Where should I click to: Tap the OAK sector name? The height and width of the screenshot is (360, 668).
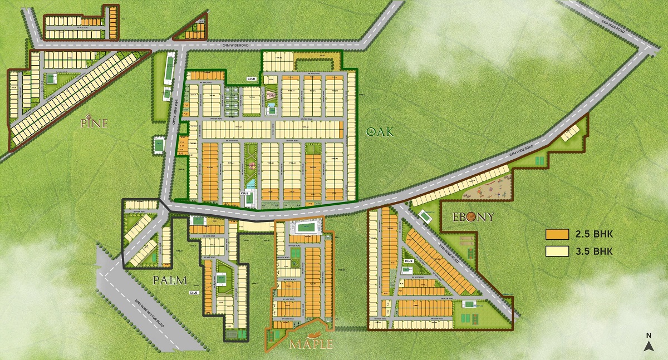pyautogui.click(x=380, y=131)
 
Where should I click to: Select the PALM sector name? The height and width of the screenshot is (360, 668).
pyautogui.click(x=170, y=280)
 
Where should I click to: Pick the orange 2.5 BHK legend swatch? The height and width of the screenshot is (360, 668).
pyautogui.click(x=556, y=234)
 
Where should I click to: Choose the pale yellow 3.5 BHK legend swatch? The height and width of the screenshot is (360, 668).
pyautogui.click(x=556, y=251)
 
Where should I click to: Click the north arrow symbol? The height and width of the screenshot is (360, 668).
pyautogui.click(x=649, y=344)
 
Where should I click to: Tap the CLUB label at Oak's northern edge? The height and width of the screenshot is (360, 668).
pyautogui.click(x=251, y=79)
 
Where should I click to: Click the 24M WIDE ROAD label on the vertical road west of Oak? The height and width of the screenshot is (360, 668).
pyautogui.click(x=175, y=106)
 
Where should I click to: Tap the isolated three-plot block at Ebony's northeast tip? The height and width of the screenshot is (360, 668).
pyautogui.click(x=569, y=132)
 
